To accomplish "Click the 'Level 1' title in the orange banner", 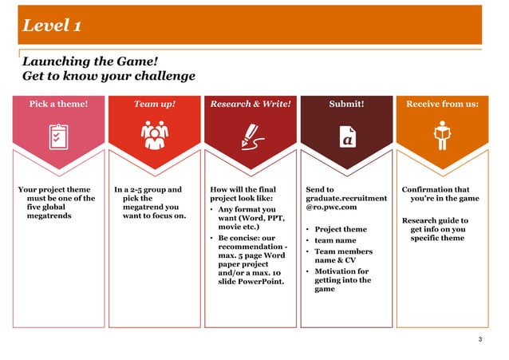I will tap(51, 26).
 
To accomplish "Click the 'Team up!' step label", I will tap(153, 104).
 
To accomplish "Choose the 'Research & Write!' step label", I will tap(250, 104).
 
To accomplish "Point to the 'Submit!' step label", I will tap(346, 104).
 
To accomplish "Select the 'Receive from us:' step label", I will tap(442, 104).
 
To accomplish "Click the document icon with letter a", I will tap(346, 137).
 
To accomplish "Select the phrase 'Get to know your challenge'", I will tap(109, 77).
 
